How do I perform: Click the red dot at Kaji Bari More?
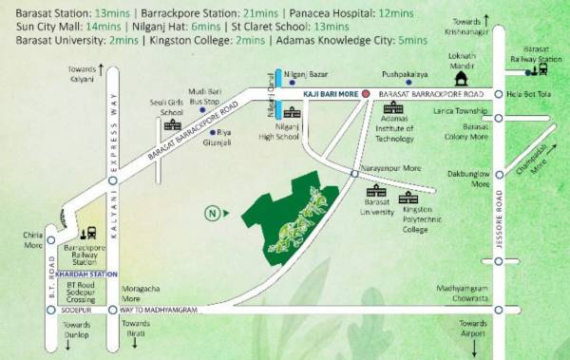[x=366, y=95]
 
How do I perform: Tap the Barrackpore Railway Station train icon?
[x=90, y=232]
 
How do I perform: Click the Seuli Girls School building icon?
[x=173, y=124]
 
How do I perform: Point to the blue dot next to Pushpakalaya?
[x=408, y=83]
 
